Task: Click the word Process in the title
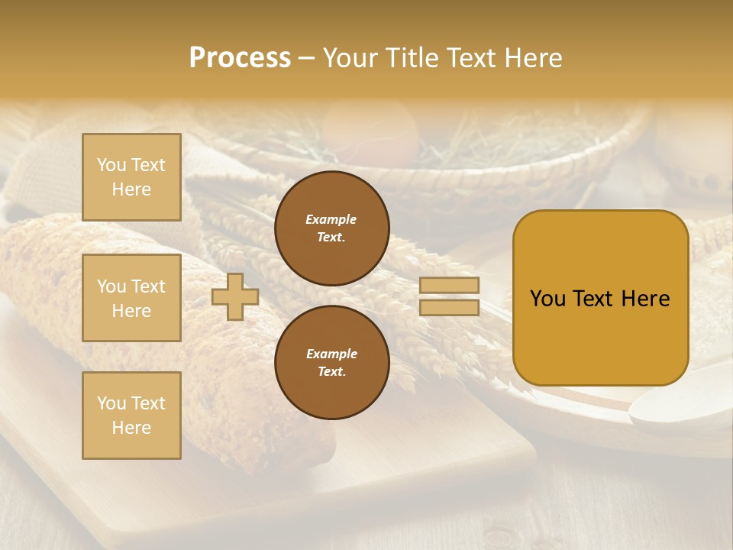[240, 58]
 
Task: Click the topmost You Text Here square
[131, 177]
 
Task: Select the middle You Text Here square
[131, 298]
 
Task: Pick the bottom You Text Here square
[131, 415]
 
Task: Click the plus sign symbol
[234, 297]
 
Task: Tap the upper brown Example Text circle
[331, 228]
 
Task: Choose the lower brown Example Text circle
[331, 363]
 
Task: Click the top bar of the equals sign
[449, 286]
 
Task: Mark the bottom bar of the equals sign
[449, 308]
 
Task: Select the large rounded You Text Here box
[600, 298]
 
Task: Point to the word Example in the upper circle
[331, 219]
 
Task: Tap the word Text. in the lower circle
[331, 372]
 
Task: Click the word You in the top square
[111, 165]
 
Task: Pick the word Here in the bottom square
[131, 428]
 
